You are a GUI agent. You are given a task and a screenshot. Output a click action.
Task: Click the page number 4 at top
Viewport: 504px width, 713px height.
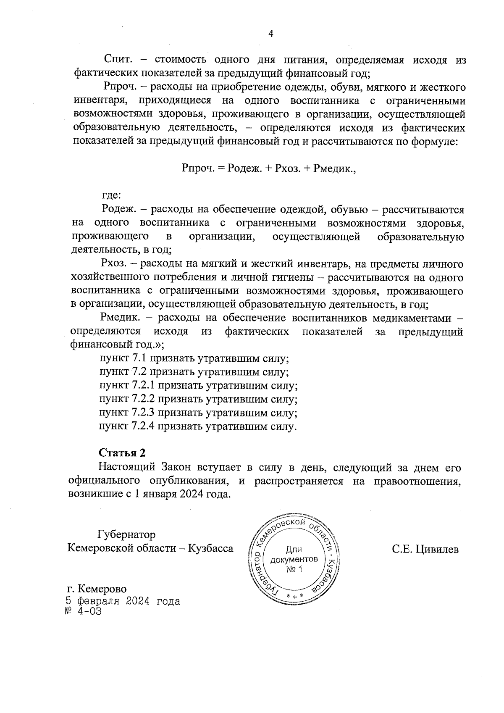click(270, 34)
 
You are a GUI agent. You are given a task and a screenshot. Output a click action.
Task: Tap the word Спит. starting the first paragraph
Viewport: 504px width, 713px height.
click(118, 60)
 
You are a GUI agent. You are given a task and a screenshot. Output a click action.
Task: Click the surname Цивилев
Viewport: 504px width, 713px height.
click(437, 549)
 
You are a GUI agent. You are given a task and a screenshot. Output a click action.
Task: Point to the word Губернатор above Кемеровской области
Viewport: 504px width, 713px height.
click(126, 535)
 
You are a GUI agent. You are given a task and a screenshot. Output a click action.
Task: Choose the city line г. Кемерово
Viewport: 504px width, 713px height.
click(97, 589)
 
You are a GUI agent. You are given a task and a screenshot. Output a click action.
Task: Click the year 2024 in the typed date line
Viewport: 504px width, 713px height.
click(136, 601)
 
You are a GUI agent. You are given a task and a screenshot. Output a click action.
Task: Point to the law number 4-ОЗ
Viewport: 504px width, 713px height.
click(89, 611)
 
